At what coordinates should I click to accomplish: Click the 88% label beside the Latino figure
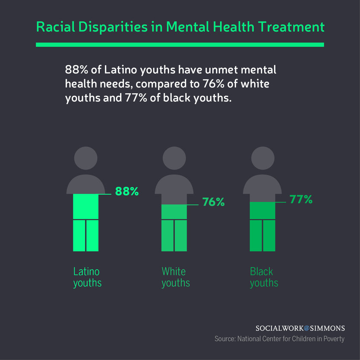tap(127, 191)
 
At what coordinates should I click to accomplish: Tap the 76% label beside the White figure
tap(214, 202)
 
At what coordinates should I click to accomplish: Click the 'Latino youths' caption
tap(87, 277)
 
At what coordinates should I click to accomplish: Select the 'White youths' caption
tap(175, 277)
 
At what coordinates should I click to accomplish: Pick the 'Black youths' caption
tap(264, 277)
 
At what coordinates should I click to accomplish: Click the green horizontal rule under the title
tap(180, 44)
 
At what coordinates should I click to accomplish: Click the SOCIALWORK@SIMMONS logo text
tap(300, 328)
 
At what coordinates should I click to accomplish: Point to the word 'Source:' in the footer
tap(224, 339)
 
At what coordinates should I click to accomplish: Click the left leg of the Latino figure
tap(79, 235)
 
